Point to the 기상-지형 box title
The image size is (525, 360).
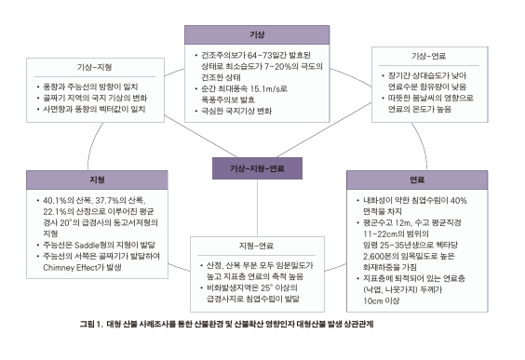click(97, 68)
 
